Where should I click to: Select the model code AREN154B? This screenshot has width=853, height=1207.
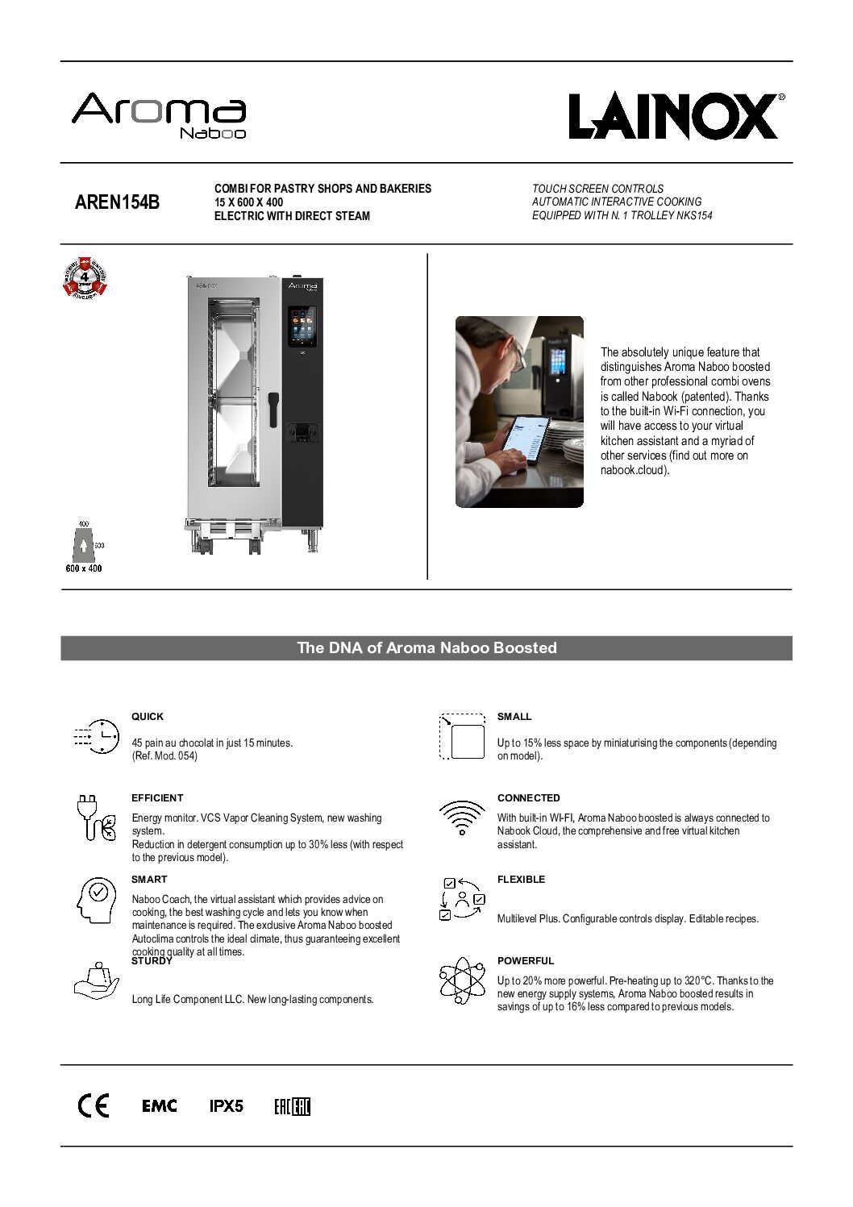coord(117,202)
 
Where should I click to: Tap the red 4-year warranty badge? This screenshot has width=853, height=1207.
coord(85,277)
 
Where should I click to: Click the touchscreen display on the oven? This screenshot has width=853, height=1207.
coord(302,326)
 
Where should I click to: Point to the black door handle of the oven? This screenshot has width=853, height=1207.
coord(273,409)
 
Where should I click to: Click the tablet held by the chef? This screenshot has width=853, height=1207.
coord(525,442)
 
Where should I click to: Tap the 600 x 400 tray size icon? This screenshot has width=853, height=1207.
coord(84,547)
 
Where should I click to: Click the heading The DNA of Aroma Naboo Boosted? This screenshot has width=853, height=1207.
coord(426,647)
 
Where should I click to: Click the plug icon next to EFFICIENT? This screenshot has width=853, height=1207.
coord(96,818)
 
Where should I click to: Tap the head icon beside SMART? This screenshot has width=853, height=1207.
coord(96,899)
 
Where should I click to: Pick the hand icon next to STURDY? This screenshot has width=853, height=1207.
coord(96,981)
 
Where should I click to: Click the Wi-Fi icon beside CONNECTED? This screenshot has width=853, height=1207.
coord(462,817)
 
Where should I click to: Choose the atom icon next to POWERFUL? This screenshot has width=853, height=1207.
coord(462,980)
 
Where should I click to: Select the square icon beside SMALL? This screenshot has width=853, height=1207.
coord(463,736)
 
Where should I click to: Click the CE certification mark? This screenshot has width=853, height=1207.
coord(93,1105)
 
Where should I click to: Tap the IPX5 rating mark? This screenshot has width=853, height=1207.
coord(226,1105)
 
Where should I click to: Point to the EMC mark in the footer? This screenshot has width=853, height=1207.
coord(159,1105)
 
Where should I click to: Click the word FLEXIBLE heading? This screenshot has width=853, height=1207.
coord(521,879)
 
